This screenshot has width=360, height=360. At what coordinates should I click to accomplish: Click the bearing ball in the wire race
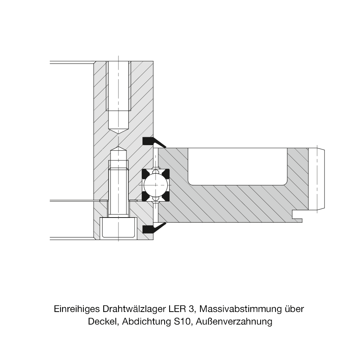point(155,185)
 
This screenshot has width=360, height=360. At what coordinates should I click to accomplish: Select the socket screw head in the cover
point(118,227)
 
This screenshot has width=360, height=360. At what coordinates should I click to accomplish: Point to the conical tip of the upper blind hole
point(118,131)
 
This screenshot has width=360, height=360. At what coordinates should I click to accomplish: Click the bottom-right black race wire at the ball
point(166,197)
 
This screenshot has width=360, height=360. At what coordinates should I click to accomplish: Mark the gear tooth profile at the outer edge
point(316,179)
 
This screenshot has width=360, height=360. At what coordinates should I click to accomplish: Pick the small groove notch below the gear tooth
point(297,216)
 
